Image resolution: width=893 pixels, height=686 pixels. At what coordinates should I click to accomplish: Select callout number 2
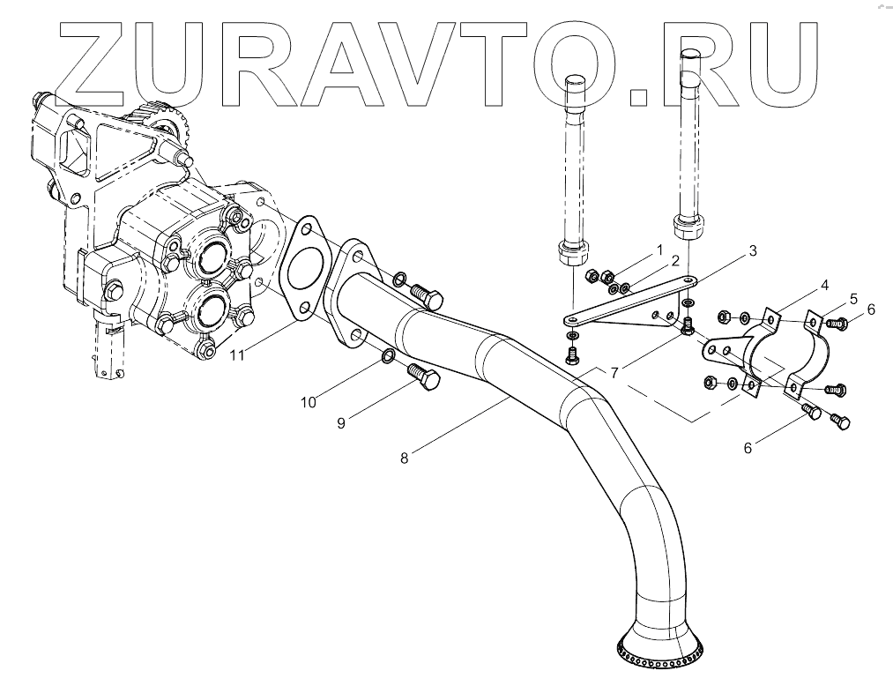[673, 261]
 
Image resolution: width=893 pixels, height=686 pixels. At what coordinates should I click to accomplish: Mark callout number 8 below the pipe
[405, 458]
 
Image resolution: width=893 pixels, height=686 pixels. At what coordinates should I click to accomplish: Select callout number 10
[308, 402]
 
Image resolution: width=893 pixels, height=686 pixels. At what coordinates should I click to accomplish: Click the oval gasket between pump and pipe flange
[302, 266]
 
